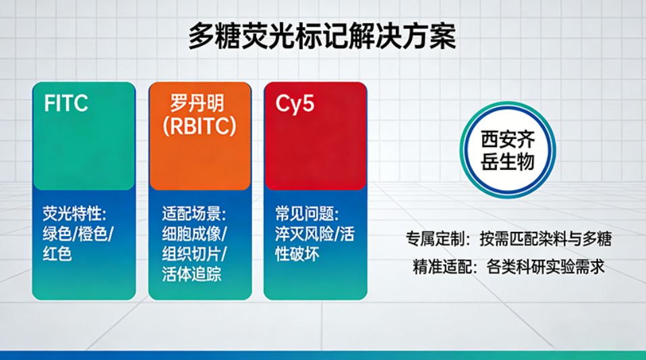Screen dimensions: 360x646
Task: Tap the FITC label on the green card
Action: click(x=66, y=104)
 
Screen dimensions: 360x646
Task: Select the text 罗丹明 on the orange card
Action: click(x=197, y=104)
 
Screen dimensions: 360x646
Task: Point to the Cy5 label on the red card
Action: click(x=295, y=104)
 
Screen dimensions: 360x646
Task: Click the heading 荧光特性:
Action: click(x=74, y=214)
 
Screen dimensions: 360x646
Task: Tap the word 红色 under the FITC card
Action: click(x=57, y=255)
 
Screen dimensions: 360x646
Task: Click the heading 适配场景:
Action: click(x=194, y=214)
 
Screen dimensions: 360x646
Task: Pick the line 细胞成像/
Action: click(x=194, y=235)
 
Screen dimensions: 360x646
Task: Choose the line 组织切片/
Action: click(x=194, y=255)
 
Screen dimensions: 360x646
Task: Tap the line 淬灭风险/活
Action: click(x=314, y=235)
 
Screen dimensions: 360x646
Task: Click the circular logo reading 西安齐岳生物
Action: click(x=507, y=151)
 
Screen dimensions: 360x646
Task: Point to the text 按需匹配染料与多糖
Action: click(x=546, y=240)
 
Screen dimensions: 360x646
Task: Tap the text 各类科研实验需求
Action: click(x=545, y=267)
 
